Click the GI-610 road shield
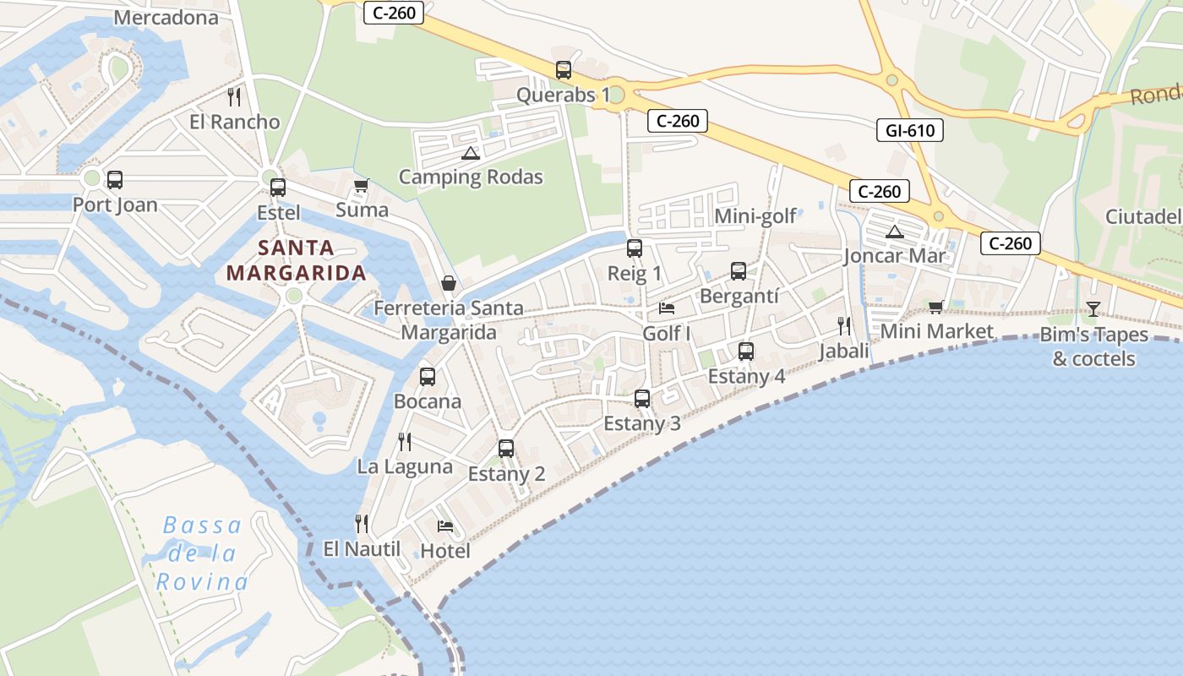[909, 130]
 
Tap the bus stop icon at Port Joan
[114, 180]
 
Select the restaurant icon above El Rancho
[234, 97]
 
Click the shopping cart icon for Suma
[362, 185]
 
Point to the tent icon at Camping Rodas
[471, 153]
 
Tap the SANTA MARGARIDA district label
[297, 260]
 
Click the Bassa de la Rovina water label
[203, 553]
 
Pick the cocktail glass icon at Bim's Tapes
[1093, 309]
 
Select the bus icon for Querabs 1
[564, 70]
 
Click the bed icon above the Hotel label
[445, 526]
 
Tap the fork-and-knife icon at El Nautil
[362, 524]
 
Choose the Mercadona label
[166, 17]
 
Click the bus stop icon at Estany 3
[642, 398]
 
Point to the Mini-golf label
[755, 216]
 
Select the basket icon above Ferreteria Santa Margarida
[449, 283]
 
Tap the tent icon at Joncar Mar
[894, 232]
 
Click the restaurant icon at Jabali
[843, 325]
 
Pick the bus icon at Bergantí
[739, 271]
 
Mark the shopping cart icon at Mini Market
[935, 307]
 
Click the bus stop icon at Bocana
[428, 377]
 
